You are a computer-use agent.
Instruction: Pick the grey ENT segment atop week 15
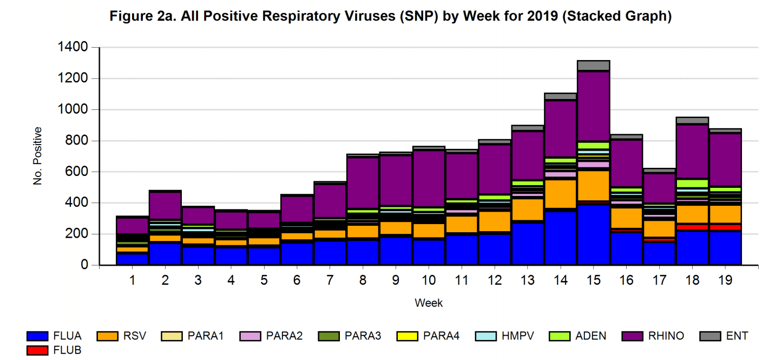point(593,66)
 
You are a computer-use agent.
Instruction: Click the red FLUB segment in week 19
point(725,227)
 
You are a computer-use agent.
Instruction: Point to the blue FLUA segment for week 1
point(133,259)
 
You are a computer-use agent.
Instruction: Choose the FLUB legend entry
point(54,350)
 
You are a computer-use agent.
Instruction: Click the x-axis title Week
point(429,303)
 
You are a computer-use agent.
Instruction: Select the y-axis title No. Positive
point(38,156)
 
